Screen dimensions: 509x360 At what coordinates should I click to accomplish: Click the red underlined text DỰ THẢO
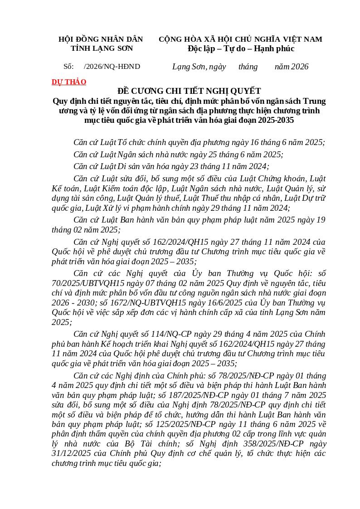coord(69,82)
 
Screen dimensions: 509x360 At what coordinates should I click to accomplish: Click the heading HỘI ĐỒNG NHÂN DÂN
coord(101,39)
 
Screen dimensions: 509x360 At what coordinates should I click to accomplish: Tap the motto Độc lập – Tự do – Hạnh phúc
coord(241,48)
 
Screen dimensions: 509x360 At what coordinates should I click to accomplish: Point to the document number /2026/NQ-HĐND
coord(112,67)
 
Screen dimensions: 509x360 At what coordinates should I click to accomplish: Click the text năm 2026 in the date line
coord(292,67)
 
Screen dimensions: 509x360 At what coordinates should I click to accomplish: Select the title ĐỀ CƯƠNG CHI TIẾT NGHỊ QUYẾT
coord(189,91)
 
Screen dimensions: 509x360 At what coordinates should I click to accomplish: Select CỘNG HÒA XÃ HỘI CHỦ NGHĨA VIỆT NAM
coord(240,39)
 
